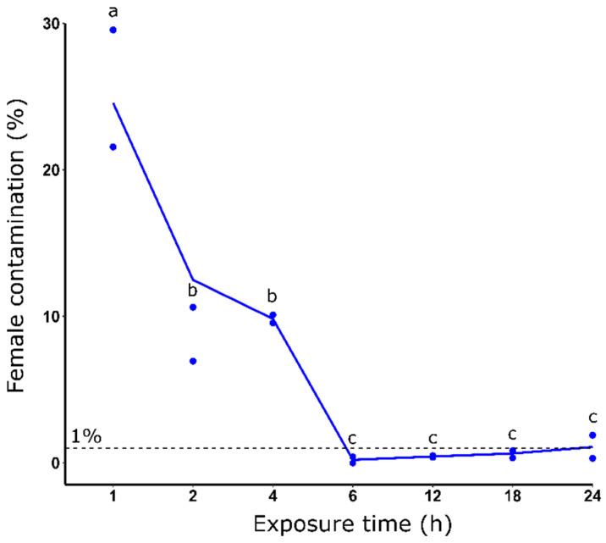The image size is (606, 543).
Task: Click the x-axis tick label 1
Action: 113,496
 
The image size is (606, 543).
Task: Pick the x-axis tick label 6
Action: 352,496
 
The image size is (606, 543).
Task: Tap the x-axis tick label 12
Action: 432,496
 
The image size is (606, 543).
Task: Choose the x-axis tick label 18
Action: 512,496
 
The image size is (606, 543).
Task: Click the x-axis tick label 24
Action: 592,496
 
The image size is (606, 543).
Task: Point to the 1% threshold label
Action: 85,436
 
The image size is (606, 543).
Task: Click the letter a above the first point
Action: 113,12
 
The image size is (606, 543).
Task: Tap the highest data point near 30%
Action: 113,30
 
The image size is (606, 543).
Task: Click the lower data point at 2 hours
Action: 193,361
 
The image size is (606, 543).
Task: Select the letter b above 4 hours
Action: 273,296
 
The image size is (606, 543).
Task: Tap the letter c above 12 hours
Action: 432,438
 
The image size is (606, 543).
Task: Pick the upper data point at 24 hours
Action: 592,435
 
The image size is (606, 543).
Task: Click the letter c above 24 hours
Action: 592,417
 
